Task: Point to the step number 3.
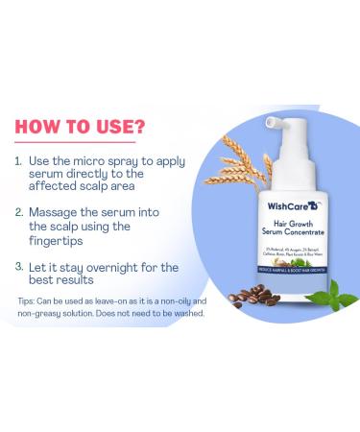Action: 19,265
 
